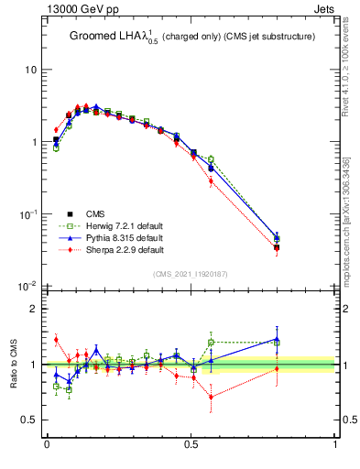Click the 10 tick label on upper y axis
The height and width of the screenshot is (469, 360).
pos(30,71)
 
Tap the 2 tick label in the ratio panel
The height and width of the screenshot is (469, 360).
pos(35,310)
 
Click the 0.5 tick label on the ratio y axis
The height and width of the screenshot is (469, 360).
pos(30,420)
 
